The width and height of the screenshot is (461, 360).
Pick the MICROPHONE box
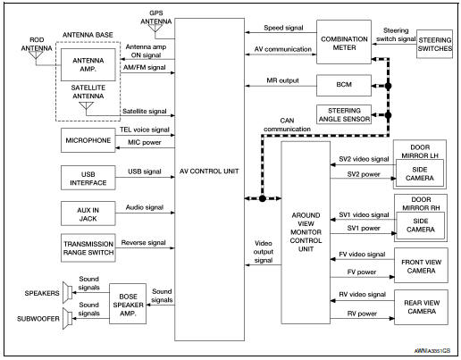[87, 141]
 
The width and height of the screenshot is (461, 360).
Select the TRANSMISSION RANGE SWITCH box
[87, 247]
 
